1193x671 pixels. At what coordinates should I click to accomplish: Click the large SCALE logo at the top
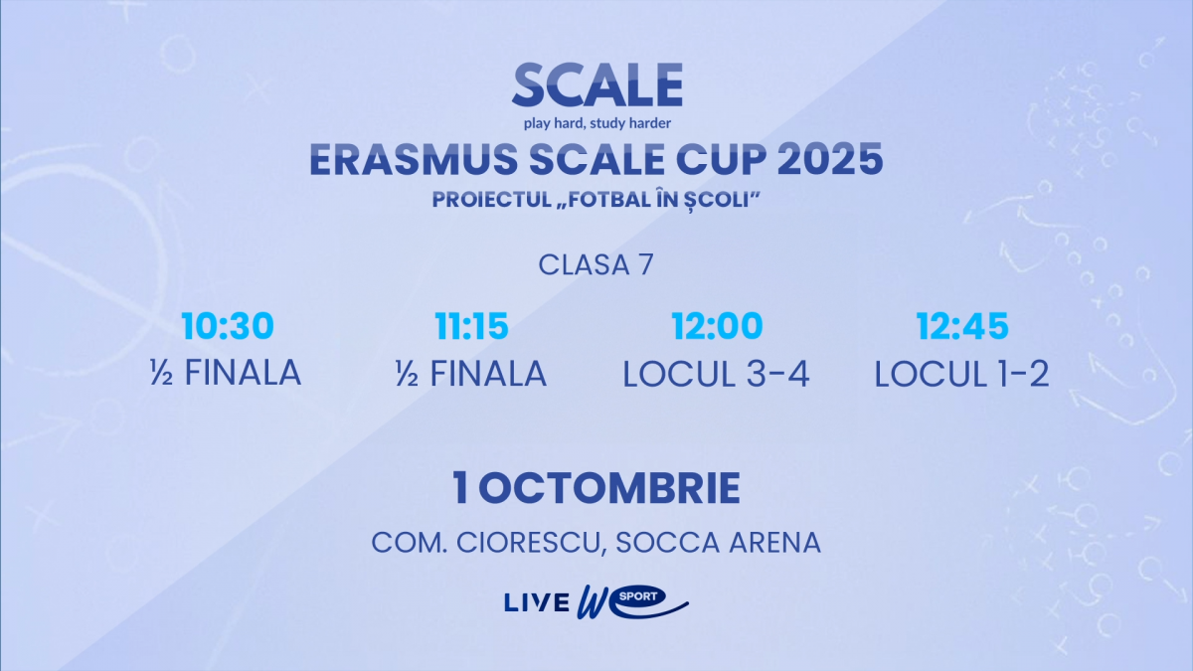[597, 84]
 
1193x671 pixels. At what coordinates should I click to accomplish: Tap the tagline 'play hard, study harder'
[597, 123]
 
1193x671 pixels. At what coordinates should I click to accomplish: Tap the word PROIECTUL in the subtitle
[491, 200]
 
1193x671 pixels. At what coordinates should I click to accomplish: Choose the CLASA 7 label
[596, 265]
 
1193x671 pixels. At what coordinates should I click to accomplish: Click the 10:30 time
[228, 326]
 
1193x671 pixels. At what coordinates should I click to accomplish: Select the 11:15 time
[471, 326]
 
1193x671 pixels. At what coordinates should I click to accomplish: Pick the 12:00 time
[717, 326]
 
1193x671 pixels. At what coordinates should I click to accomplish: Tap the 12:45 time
[962, 326]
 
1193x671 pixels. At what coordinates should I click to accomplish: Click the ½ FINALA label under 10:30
[226, 373]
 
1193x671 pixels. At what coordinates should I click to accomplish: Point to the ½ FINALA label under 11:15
[471, 373]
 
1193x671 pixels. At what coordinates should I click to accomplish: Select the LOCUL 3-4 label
[717, 374]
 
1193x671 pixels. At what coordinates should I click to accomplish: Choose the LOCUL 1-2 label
[962, 374]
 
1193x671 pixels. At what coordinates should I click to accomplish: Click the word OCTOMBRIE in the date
[608, 488]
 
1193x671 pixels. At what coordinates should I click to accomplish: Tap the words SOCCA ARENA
[718, 543]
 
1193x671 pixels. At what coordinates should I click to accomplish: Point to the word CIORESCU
[528, 543]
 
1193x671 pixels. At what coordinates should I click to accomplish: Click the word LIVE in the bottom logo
[537, 602]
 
